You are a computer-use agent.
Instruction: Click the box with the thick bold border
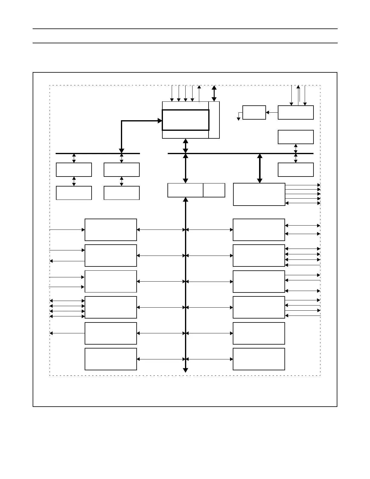(185, 120)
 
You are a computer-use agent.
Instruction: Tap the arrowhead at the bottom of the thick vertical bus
(186, 370)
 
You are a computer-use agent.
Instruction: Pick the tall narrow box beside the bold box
(214, 120)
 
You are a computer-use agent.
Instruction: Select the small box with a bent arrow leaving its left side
(254, 112)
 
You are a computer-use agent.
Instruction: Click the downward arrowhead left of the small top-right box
(239, 118)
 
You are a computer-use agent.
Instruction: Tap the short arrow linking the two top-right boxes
(272, 112)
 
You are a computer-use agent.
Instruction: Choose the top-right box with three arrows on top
(295, 112)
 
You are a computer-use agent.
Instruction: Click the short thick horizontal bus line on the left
(98, 154)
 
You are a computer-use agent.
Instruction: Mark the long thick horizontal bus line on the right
(240, 154)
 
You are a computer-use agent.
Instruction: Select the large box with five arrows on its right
(259, 194)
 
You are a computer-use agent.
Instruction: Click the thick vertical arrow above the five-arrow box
(259, 168)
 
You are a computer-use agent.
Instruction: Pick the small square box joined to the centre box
(214, 190)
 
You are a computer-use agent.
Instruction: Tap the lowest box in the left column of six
(111, 359)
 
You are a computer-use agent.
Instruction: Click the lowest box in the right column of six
(259, 359)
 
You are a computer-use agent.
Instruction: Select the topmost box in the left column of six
(111, 230)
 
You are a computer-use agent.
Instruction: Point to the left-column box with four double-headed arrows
(111, 307)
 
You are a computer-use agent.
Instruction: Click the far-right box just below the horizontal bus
(295, 170)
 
